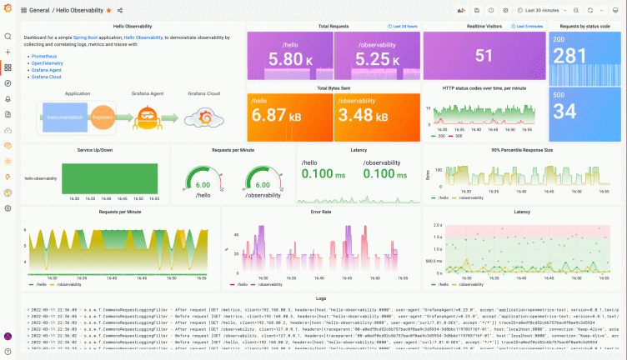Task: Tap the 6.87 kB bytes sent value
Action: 288,115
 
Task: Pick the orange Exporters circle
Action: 102,117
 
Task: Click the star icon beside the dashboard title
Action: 109,10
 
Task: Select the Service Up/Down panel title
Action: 96,150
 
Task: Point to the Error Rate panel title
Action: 321,212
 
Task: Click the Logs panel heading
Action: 321,297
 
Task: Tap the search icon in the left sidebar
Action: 8,37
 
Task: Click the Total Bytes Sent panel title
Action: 333,87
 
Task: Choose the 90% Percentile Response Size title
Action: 522,150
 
